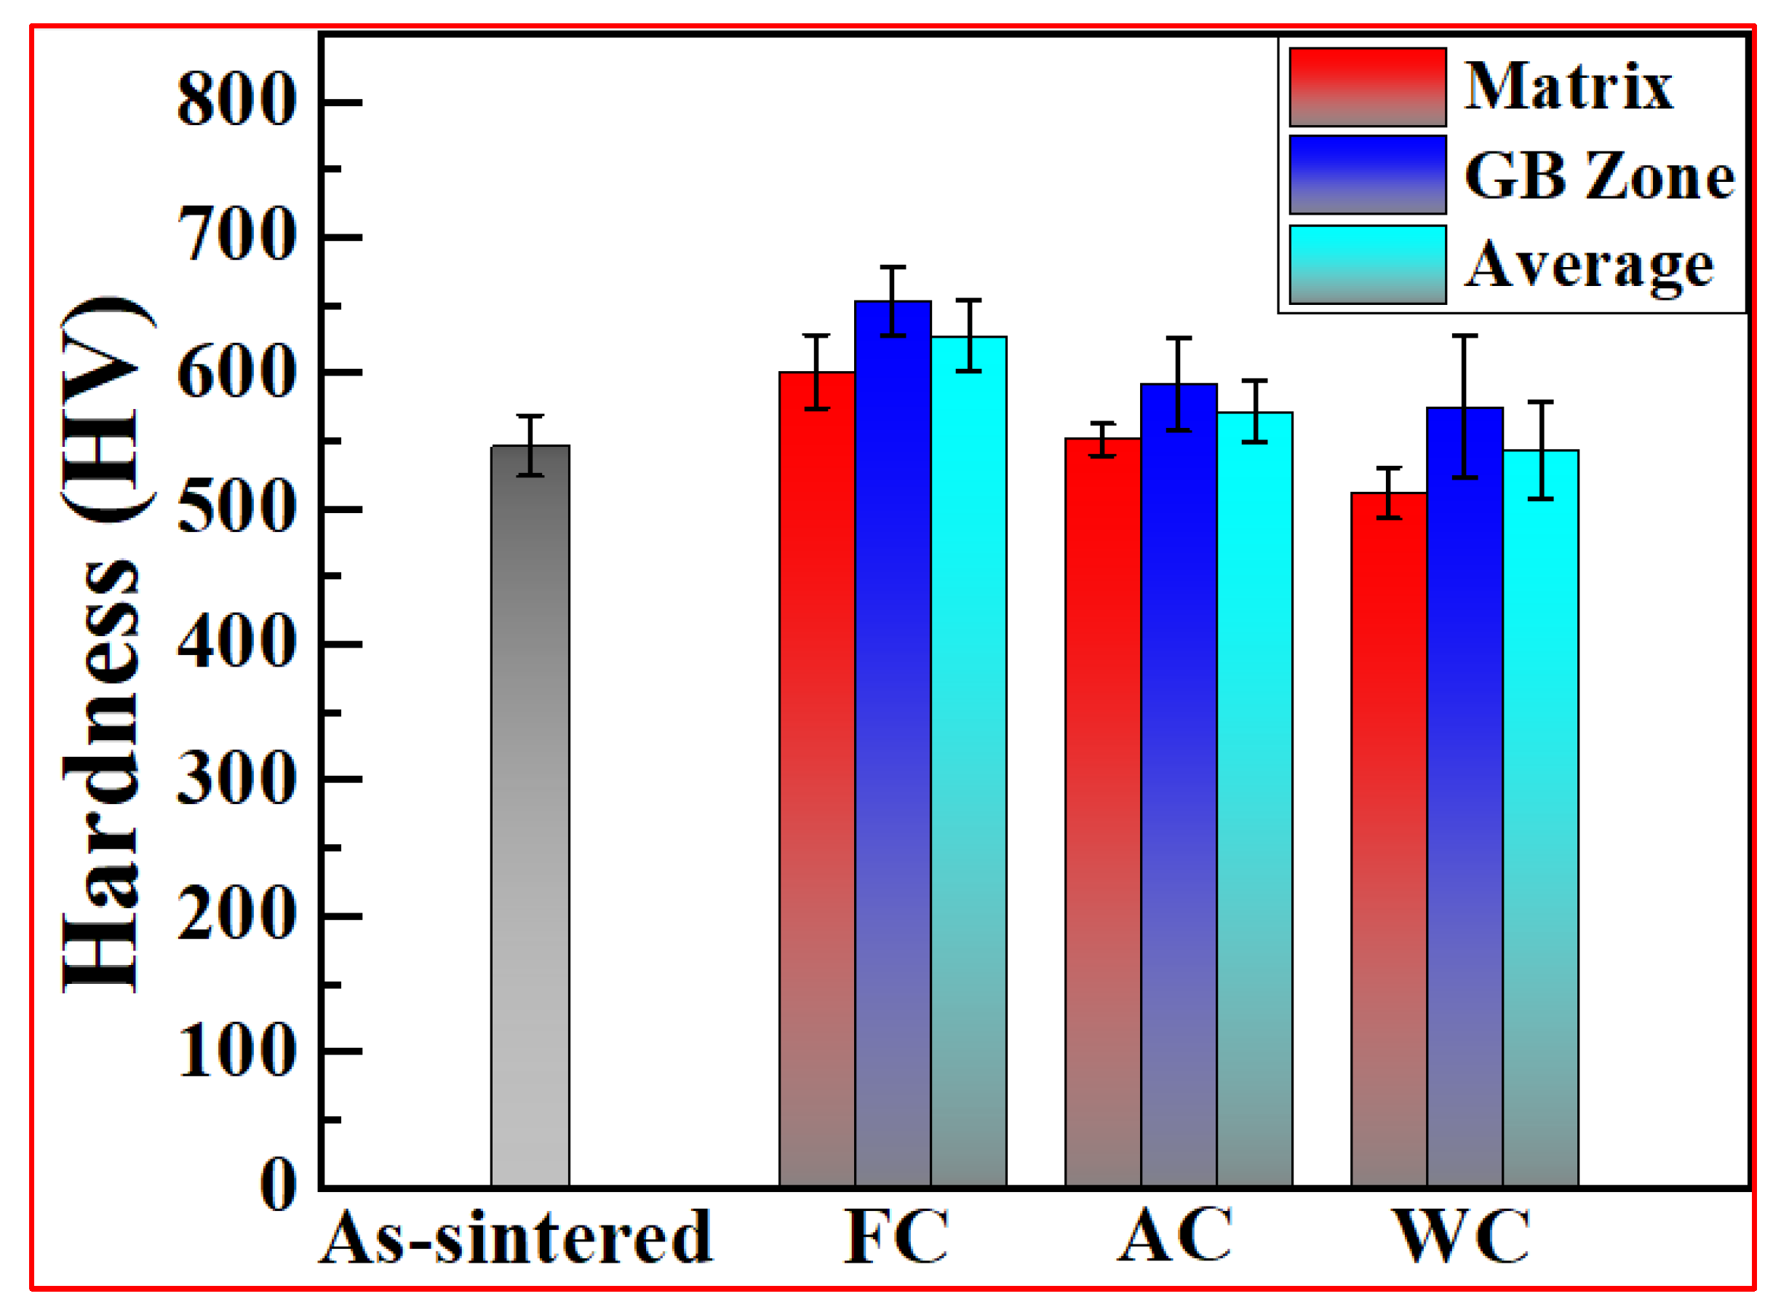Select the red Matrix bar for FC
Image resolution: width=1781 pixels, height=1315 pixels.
click(x=816, y=780)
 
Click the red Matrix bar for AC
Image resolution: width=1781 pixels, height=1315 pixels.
click(x=1103, y=812)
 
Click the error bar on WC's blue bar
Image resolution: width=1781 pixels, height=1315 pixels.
click(x=1465, y=406)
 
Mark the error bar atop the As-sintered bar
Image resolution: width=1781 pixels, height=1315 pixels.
click(x=530, y=446)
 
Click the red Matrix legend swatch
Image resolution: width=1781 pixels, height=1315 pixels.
click(x=1367, y=87)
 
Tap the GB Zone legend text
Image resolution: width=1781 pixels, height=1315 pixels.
click(x=1598, y=175)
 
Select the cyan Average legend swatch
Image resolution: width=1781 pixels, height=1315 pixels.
click(x=1367, y=264)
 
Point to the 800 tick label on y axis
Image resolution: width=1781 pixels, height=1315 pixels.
click(x=236, y=100)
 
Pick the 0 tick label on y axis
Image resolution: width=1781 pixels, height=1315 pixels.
click(x=279, y=1185)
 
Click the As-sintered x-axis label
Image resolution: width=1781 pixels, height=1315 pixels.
click(x=516, y=1239)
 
